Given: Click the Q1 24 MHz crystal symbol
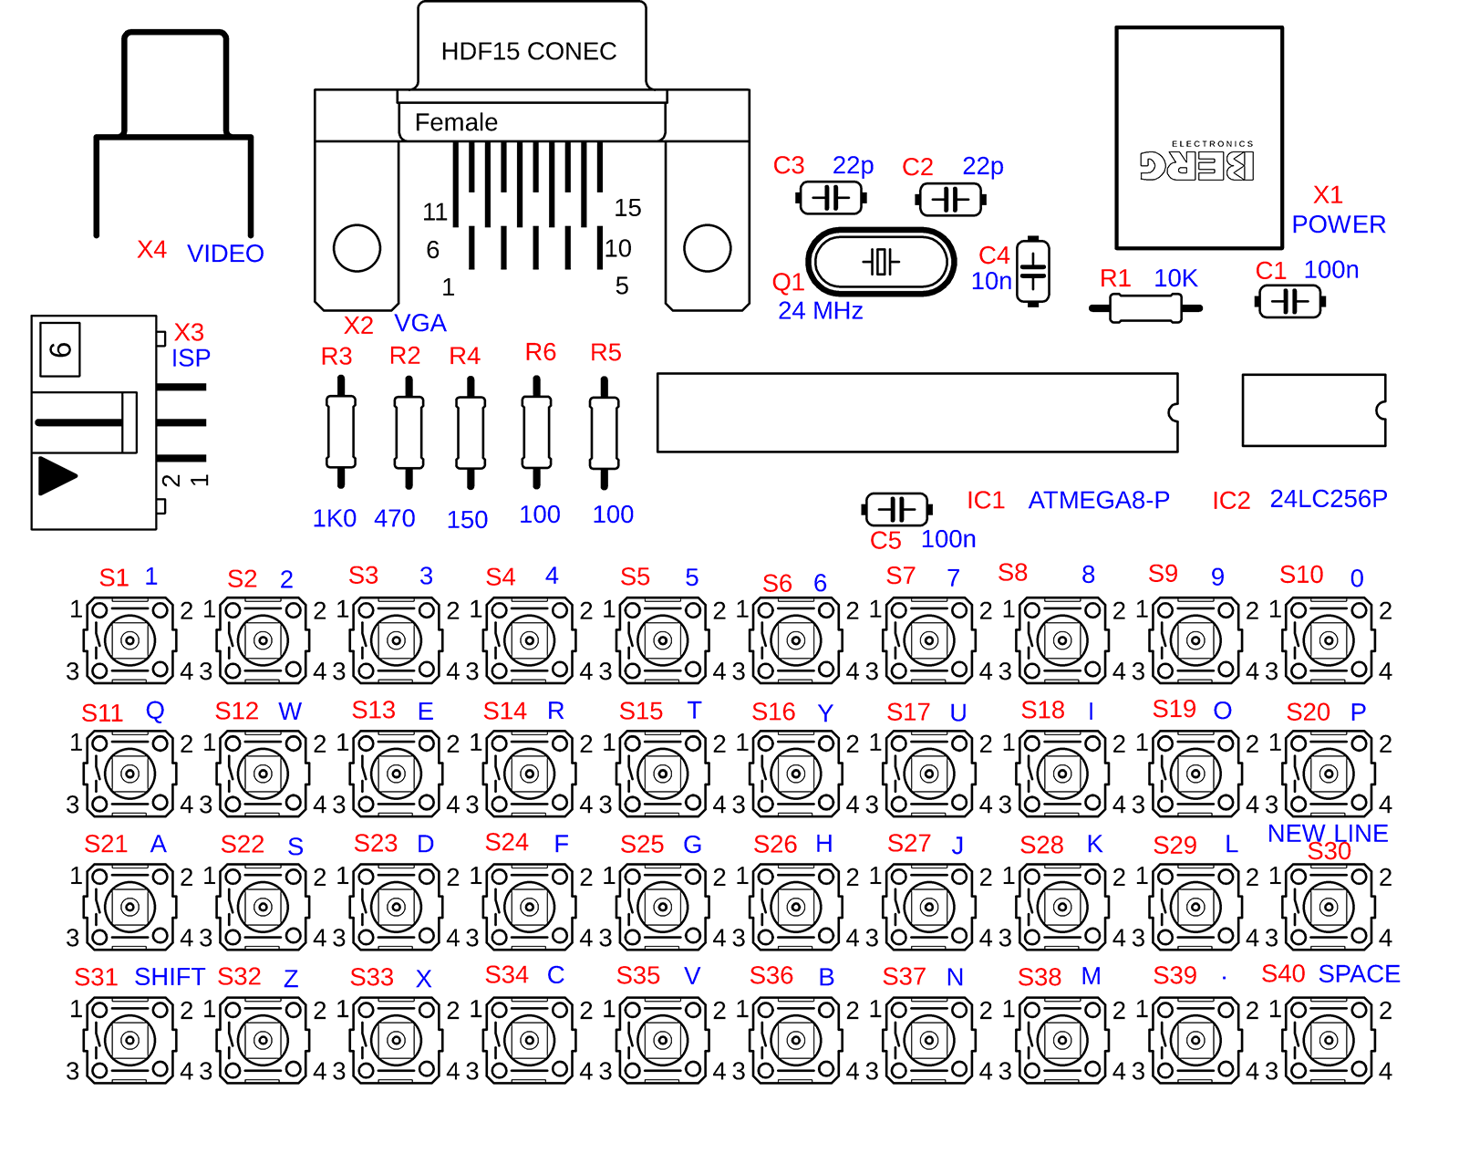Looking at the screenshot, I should pos(881,262).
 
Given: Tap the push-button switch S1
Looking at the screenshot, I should pos(129,640).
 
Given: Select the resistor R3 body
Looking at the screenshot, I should pos(341,432).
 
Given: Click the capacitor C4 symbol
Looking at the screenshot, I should pos(1033,271).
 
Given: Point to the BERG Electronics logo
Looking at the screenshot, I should pos(1197,161).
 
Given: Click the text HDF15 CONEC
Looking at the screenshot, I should pos(529,51).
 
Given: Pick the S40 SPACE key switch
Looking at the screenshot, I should pos(1329,1040).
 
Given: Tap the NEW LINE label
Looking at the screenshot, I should pos(1328,832).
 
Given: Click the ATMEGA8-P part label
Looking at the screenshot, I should pos(1099,500).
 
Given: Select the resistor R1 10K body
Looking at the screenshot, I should pos(1145,308).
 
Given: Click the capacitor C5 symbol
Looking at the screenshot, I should pos(897,509).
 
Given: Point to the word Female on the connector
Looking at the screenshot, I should pos(456,122).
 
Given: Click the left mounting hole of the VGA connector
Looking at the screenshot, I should pos(357,248).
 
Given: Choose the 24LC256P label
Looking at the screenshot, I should pos(1329,498).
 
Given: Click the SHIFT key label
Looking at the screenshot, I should pos(170,977).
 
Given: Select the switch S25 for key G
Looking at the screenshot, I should pos(663,907).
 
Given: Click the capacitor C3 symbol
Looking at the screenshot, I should pos(831,198).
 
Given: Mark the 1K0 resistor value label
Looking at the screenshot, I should pos(334,518).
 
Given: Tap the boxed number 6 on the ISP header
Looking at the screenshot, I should pos(60,349).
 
